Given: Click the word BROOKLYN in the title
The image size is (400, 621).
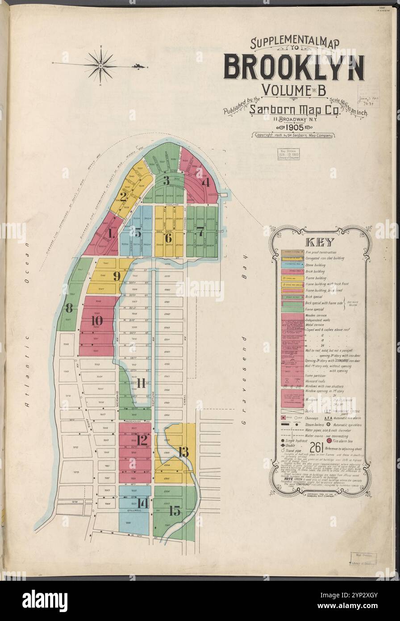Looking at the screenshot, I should (x=293, y=67).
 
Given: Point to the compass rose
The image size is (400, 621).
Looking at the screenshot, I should (x=101, y=66).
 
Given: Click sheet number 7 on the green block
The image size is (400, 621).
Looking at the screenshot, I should (x=200, y=232).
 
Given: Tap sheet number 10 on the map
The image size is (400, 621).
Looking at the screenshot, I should (x=97, y=320).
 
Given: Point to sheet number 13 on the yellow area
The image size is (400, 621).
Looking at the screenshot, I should (x=183, y=451).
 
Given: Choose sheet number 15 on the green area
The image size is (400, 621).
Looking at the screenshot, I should (x=174, y=511).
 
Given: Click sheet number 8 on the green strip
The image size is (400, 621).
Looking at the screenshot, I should (x=69, y=308).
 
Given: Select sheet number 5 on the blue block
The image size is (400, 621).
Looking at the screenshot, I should (x=138, y=233).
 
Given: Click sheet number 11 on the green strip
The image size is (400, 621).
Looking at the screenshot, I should (x=141, y=383).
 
